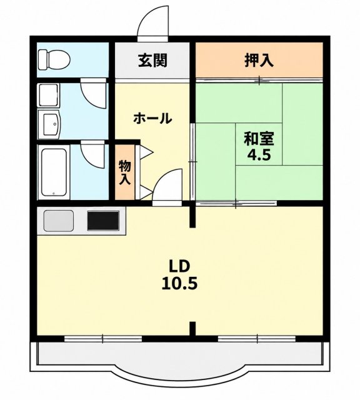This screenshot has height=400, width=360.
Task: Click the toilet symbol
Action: click(54, 60)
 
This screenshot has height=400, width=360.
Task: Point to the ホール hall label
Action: click(152, 118)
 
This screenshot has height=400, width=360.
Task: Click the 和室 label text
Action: click(259, 139)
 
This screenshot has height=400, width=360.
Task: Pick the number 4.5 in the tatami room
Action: click(259, 155)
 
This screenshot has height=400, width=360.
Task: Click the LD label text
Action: click(179, 266)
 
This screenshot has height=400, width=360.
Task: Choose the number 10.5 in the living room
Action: click(179, 283)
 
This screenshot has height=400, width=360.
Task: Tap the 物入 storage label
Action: click(125, 172)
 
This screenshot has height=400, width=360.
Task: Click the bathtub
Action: click(54, 172)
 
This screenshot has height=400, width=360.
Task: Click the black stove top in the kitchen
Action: click(103, 221)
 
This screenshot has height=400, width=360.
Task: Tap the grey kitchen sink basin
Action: click(59, 221)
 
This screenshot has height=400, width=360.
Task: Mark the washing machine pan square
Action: click(49, 95)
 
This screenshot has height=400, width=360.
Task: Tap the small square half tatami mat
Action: click(259, 144)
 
